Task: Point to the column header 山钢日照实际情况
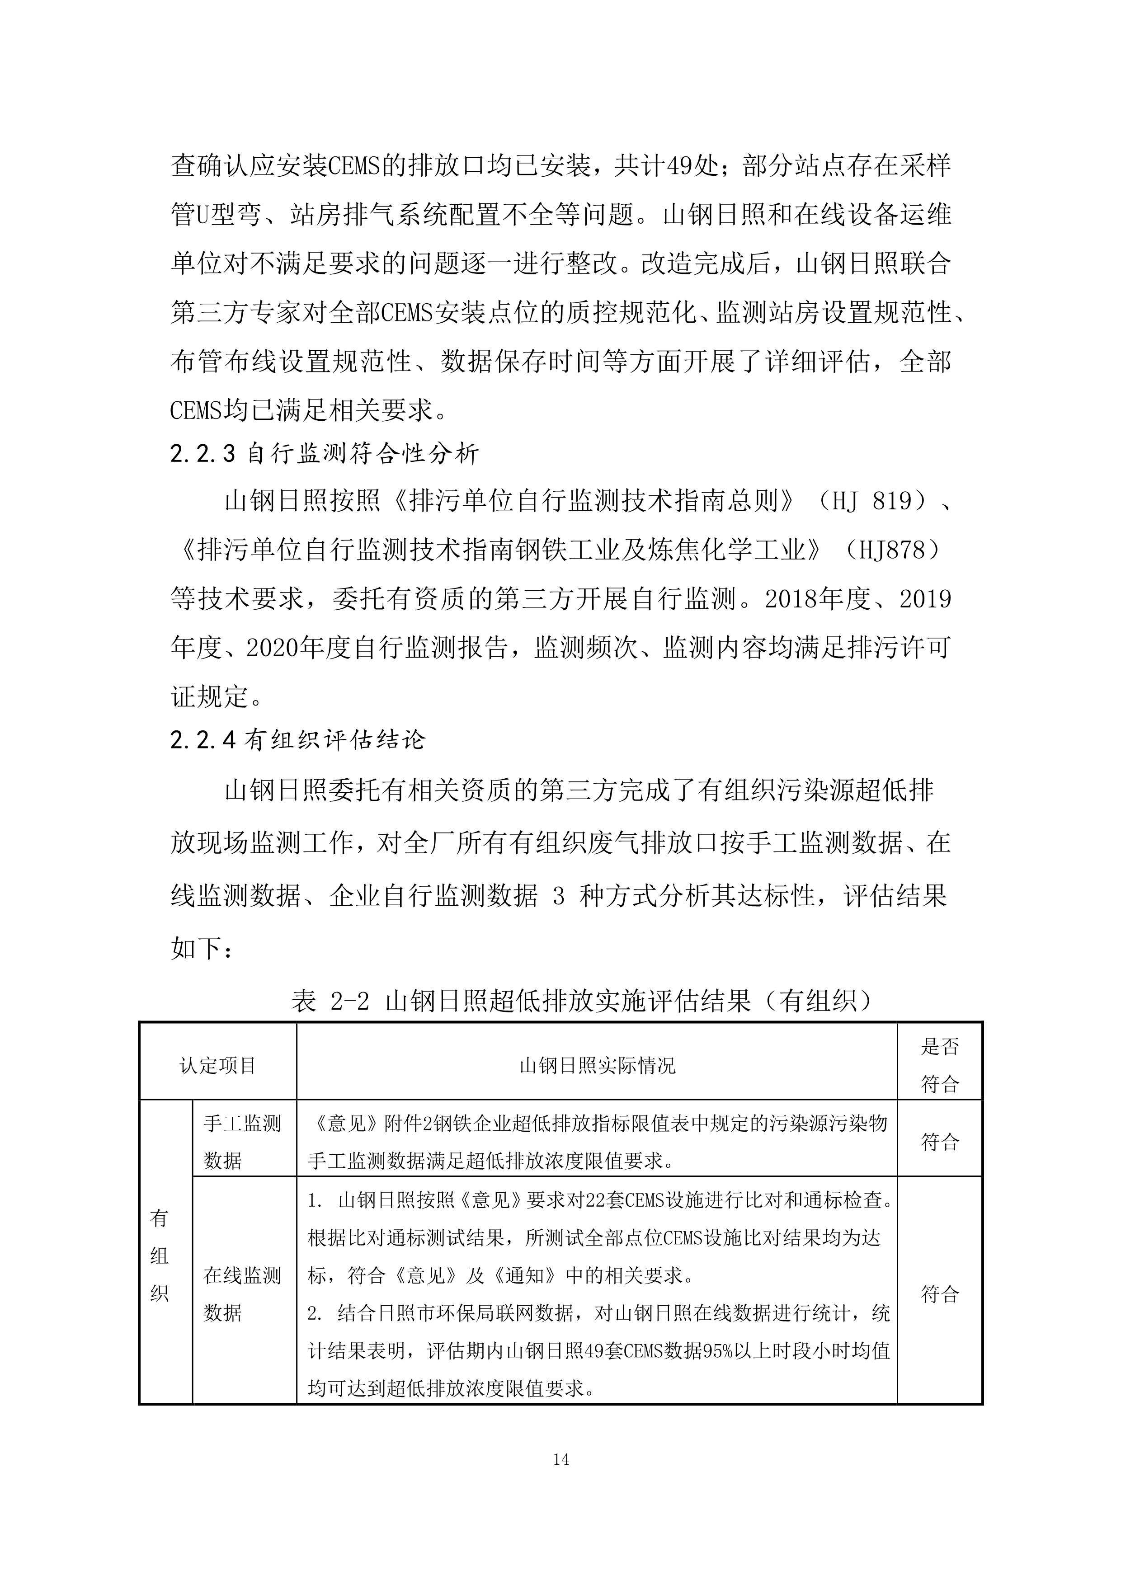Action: click(597, 1065)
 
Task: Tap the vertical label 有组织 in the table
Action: click(160, 1256)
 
